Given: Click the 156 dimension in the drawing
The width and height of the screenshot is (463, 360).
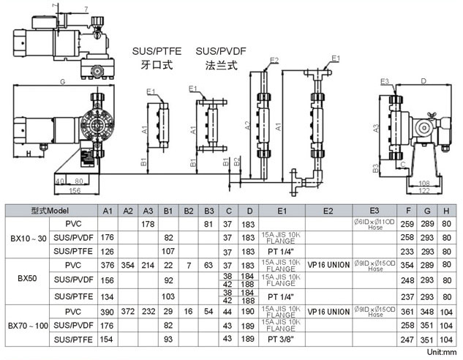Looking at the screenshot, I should coord(75,190).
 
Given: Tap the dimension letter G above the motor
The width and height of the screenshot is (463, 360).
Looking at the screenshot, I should coord(63,80).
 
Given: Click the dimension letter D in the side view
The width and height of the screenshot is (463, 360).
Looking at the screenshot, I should coord(424,80).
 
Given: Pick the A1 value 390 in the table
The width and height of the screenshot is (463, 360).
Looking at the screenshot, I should coord(107,312).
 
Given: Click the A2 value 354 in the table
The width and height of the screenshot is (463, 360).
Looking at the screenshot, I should coord(127,265).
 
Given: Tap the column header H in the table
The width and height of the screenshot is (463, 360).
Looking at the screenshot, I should coord(446,211).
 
